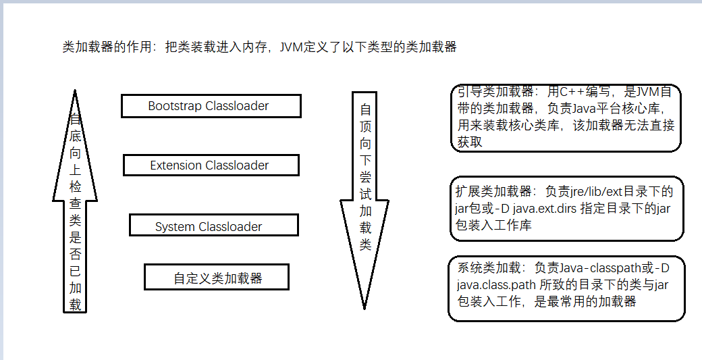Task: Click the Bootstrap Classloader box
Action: (211, 106)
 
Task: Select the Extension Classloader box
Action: (211, 165)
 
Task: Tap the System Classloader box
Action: (213, 226)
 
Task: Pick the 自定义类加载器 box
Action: (217, 278)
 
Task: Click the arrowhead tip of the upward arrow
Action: (75, 92)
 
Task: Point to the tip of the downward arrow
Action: (365, 307)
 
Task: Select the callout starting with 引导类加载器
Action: (566, 118)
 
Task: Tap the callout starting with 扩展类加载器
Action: (566, 208)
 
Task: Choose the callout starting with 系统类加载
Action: (566, 288)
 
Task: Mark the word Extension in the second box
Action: (175, 165)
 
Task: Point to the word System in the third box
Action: (174, 227)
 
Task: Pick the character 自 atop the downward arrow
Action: (365, 109)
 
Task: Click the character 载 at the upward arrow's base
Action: (76, 305)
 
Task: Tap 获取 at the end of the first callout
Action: (470, 142)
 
